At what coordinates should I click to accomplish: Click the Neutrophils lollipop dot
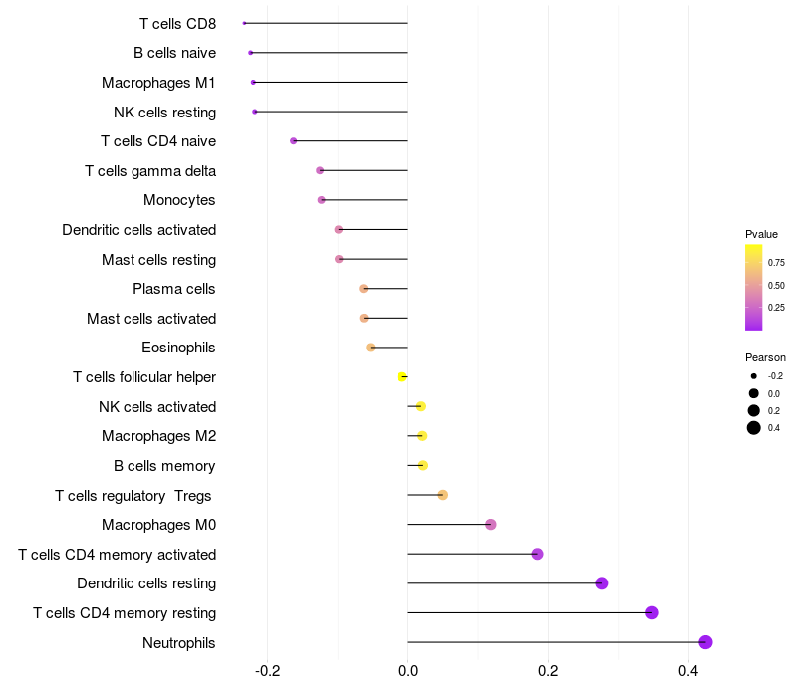coord(705,642)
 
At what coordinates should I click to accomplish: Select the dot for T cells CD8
coord(244,23)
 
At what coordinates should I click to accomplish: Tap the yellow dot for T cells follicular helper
coord(402,377)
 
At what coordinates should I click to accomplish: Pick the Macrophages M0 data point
coord(490,525)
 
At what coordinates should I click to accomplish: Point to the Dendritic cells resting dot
coord(602,583)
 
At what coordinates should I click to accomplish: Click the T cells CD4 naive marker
coord(293,140)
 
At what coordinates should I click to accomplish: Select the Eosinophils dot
coord(371,348)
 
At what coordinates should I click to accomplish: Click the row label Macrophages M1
coord(158,83)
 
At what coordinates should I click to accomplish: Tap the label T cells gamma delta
coord(150,171)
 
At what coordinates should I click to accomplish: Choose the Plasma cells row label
coord(173,289)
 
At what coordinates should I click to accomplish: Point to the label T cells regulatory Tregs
coord(133,496)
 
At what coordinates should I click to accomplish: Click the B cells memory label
coord(164,466)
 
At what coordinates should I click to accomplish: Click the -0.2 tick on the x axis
coord(268,671)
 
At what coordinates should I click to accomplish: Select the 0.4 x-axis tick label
coord(688,671)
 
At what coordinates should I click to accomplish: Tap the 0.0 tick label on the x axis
coord(408,671)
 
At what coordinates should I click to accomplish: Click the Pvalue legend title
coord(761,234)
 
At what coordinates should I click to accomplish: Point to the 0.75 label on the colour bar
coord(776,263)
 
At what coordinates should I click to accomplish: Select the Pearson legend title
coord(765,357)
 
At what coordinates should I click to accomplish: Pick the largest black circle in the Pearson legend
coord(754,428)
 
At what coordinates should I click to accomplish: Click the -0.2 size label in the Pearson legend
coord(775,376)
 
